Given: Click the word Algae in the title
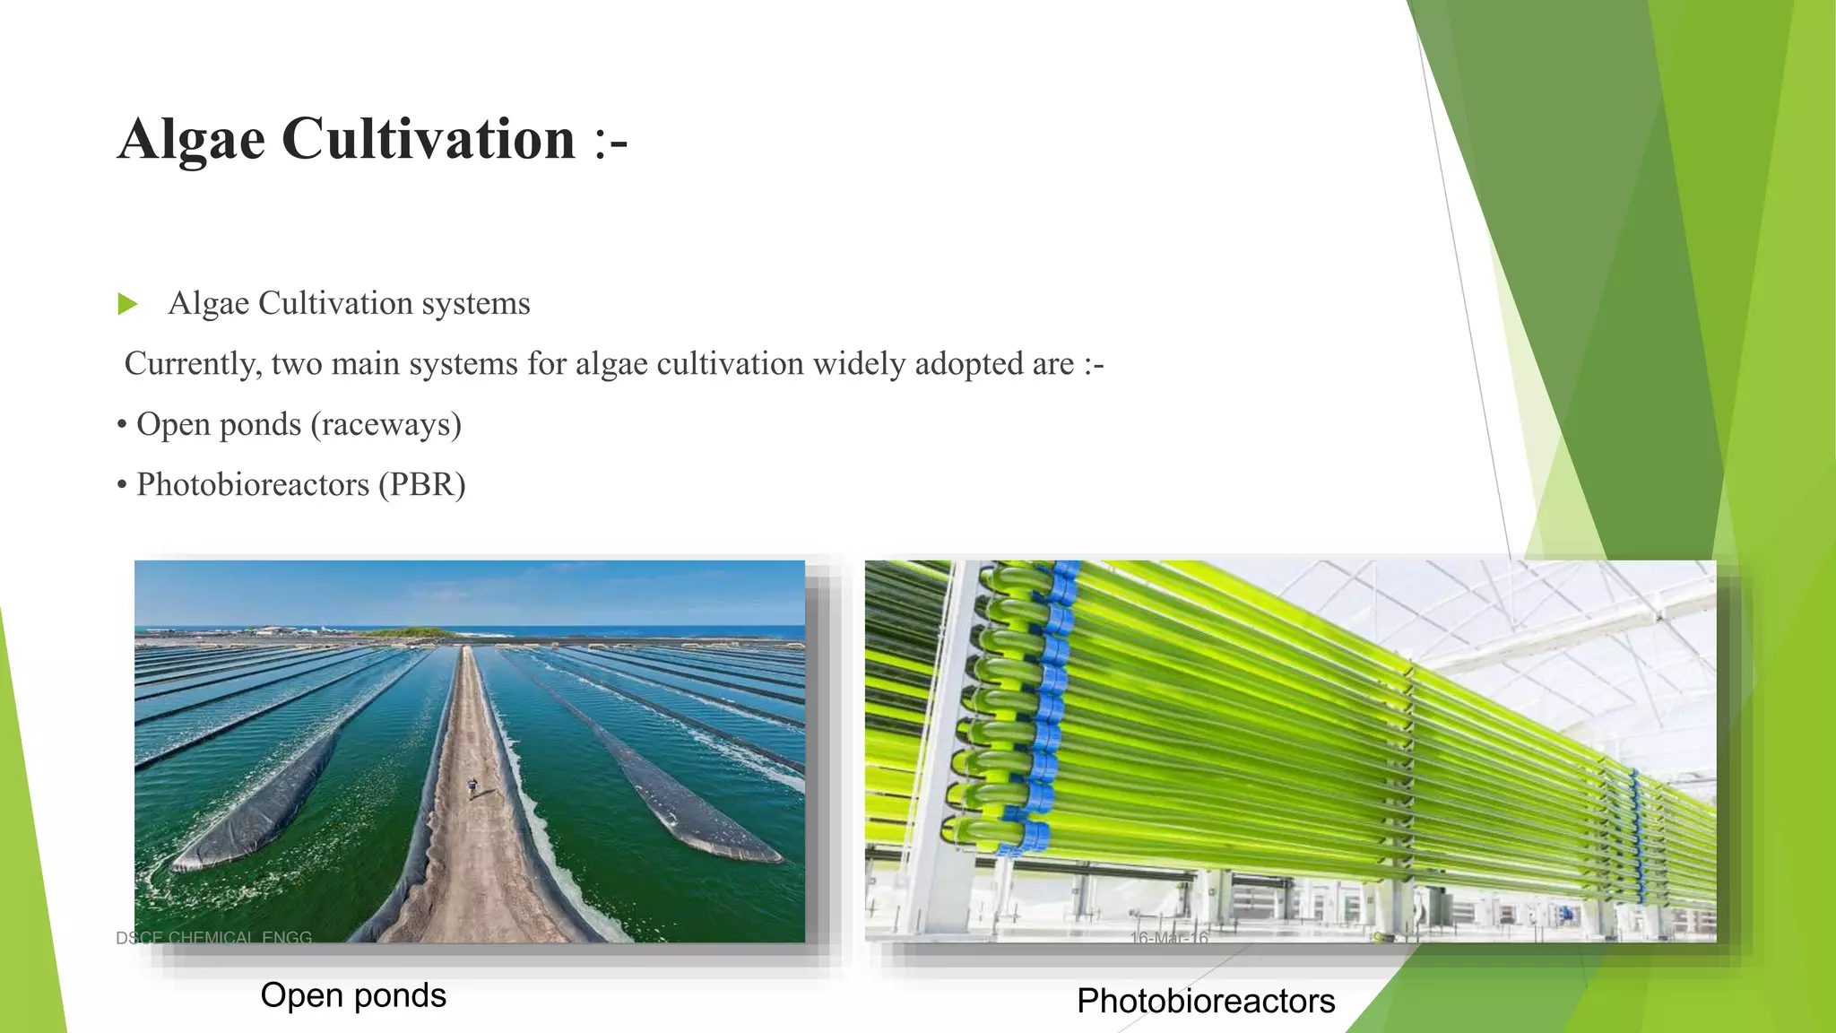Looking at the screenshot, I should (x=191, y=140).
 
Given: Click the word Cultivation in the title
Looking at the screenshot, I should (x=428, y=140).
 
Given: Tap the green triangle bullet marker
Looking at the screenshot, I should (x=127, y=304).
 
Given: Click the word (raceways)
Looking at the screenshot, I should (x=385, y=424).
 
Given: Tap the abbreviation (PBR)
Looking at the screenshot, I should (x=421, y=485).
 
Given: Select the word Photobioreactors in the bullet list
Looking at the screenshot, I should (x=253, y=485).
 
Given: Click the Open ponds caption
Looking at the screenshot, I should (x=353, y=995).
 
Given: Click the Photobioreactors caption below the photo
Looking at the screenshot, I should (x=1206, y=1001).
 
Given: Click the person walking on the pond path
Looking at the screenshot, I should (x=472, y=787).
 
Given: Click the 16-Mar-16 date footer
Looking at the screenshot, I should (x=1169, y=938).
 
